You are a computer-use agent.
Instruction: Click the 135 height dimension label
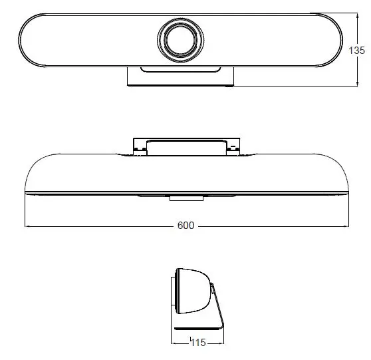tap(357, 51)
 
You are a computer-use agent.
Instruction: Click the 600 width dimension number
tap(185, 226)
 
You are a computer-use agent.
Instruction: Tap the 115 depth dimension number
tap(197, 343)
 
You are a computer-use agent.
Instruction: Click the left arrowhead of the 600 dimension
tap(27, 226)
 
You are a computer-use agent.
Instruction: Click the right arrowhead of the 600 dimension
tap(346, 226)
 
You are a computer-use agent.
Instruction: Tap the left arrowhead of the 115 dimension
tap(174, 343)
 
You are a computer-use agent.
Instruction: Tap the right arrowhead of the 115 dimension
tap(222, 343)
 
